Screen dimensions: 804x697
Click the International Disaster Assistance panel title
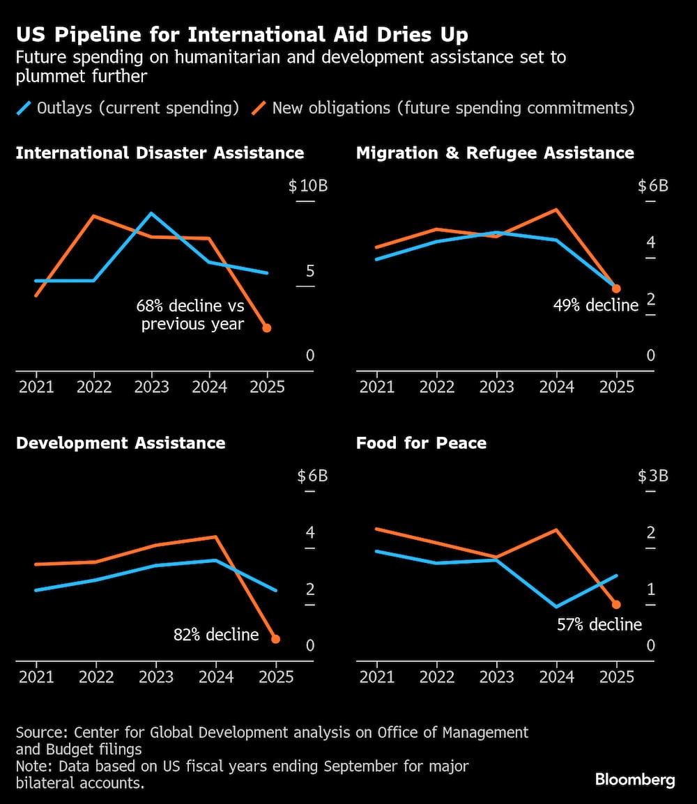pos(160,153)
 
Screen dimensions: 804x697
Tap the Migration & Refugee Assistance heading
pos(495,153)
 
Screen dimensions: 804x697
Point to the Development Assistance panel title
pos(121,444)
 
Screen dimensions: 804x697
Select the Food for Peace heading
pos(421,444)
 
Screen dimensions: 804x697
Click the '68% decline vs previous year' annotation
pos(190,315)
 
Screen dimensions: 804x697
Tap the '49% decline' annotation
pos(596,305)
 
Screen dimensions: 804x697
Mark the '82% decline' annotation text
pos(216,635)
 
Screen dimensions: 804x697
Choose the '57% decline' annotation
pos(599,624)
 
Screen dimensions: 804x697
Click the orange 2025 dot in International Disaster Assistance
pos(267,327)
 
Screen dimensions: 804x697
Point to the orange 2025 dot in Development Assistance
pos(276,639)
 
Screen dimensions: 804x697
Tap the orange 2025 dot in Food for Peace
pos(616,605)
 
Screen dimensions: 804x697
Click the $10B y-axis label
pos(307,187)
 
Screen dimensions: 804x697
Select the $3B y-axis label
pos(653,477)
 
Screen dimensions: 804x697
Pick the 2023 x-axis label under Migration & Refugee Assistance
pos(496,387)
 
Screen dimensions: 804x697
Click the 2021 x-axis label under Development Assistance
pos(36,677)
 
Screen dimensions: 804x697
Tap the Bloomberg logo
pos(635,780)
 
